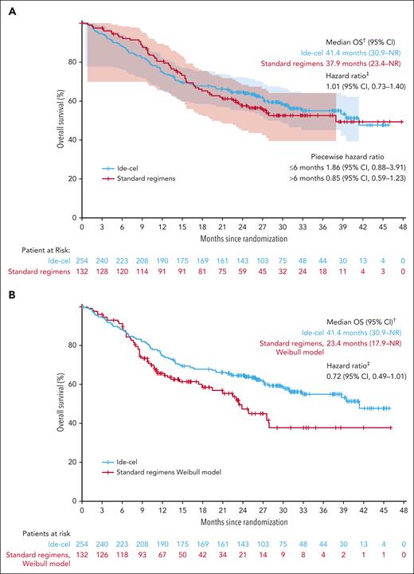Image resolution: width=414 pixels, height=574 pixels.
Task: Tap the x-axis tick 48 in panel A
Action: (x=403, y=227)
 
